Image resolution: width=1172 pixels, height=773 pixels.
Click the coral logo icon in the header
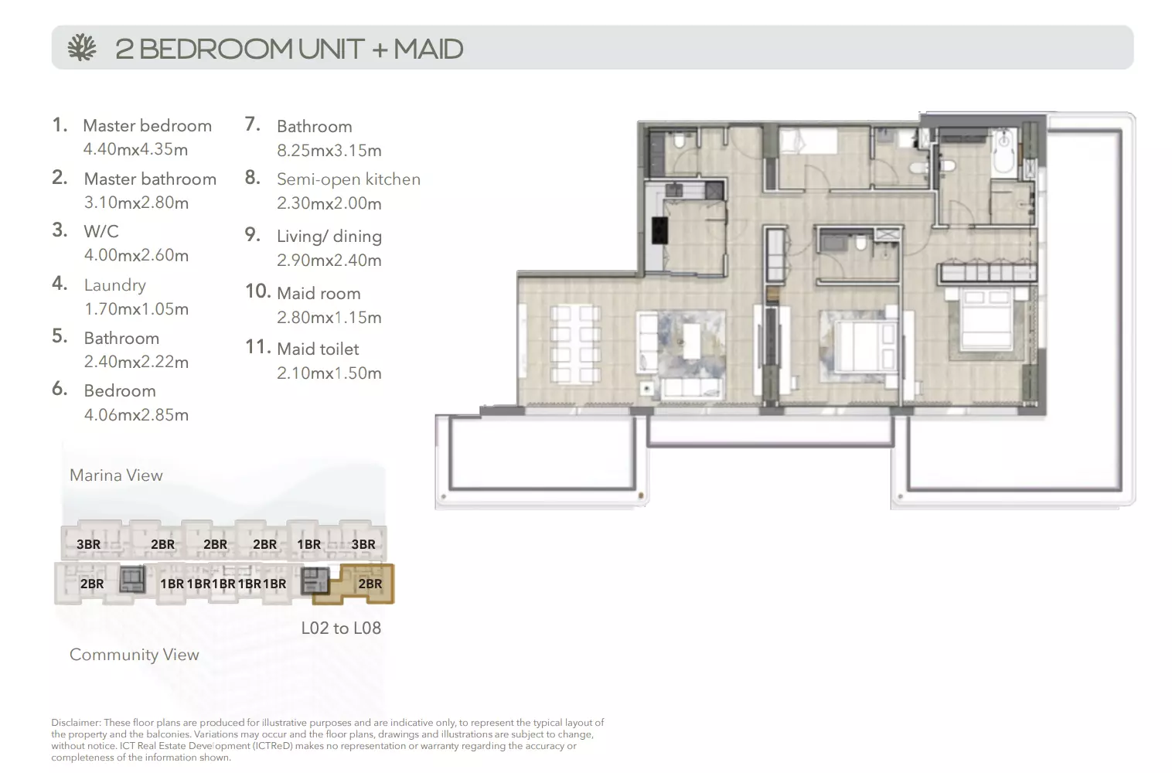82,48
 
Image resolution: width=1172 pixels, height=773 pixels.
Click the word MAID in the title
428,49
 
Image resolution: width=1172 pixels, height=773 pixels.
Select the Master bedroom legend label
148,125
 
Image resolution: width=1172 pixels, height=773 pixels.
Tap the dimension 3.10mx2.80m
136,203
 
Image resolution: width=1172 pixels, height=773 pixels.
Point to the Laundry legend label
115,285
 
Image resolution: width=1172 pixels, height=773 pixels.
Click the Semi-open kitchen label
349,179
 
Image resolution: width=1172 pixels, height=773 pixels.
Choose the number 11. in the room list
258,347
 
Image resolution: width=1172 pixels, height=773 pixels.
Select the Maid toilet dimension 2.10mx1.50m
329,373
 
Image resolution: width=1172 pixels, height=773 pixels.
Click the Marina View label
116,475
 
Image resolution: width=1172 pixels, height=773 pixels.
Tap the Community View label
135,654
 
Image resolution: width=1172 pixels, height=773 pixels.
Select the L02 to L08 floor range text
341,628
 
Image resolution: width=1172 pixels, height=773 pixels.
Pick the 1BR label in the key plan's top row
309,544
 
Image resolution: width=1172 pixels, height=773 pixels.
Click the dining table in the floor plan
575,344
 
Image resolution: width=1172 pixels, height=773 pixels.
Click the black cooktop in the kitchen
659,230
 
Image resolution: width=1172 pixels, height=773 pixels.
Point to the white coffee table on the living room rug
692,340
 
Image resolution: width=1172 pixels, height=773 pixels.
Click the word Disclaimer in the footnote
75,722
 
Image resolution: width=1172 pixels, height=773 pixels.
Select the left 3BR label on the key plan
88,544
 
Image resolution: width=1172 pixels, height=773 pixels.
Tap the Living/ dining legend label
329,237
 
